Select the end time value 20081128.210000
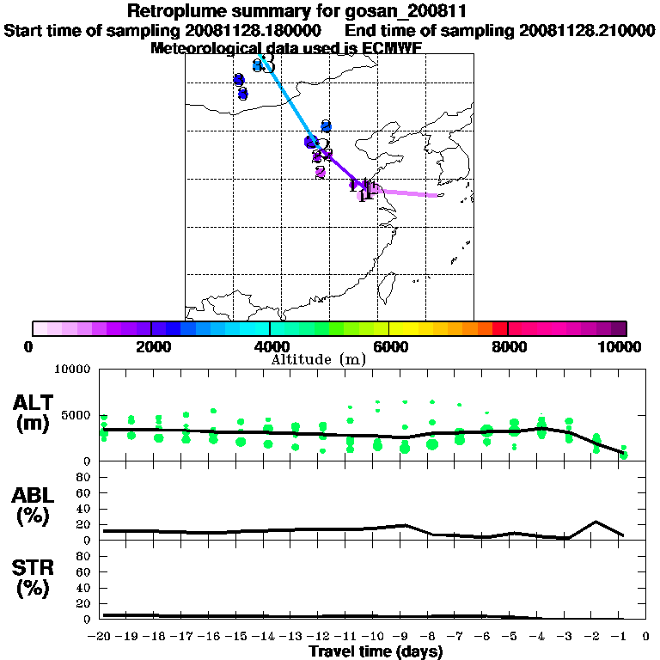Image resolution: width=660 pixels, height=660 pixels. pyautogui.click(x=587, y=30)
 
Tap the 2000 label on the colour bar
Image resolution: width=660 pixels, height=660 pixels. pyautogui.click(x=151, y=346)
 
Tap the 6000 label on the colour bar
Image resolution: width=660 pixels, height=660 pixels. pyautogui.click(x=389, y=346)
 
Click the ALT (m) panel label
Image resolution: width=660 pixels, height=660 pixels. pyautogui.click(x=34, y=412)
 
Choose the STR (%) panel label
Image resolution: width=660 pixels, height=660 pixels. pyautogui.click(x=34, y=577)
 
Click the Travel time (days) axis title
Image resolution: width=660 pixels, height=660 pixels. pyautogui.click(x=376, y=652)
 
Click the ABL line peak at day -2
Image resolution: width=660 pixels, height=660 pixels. pyautogui.click(x=596, y=522)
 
